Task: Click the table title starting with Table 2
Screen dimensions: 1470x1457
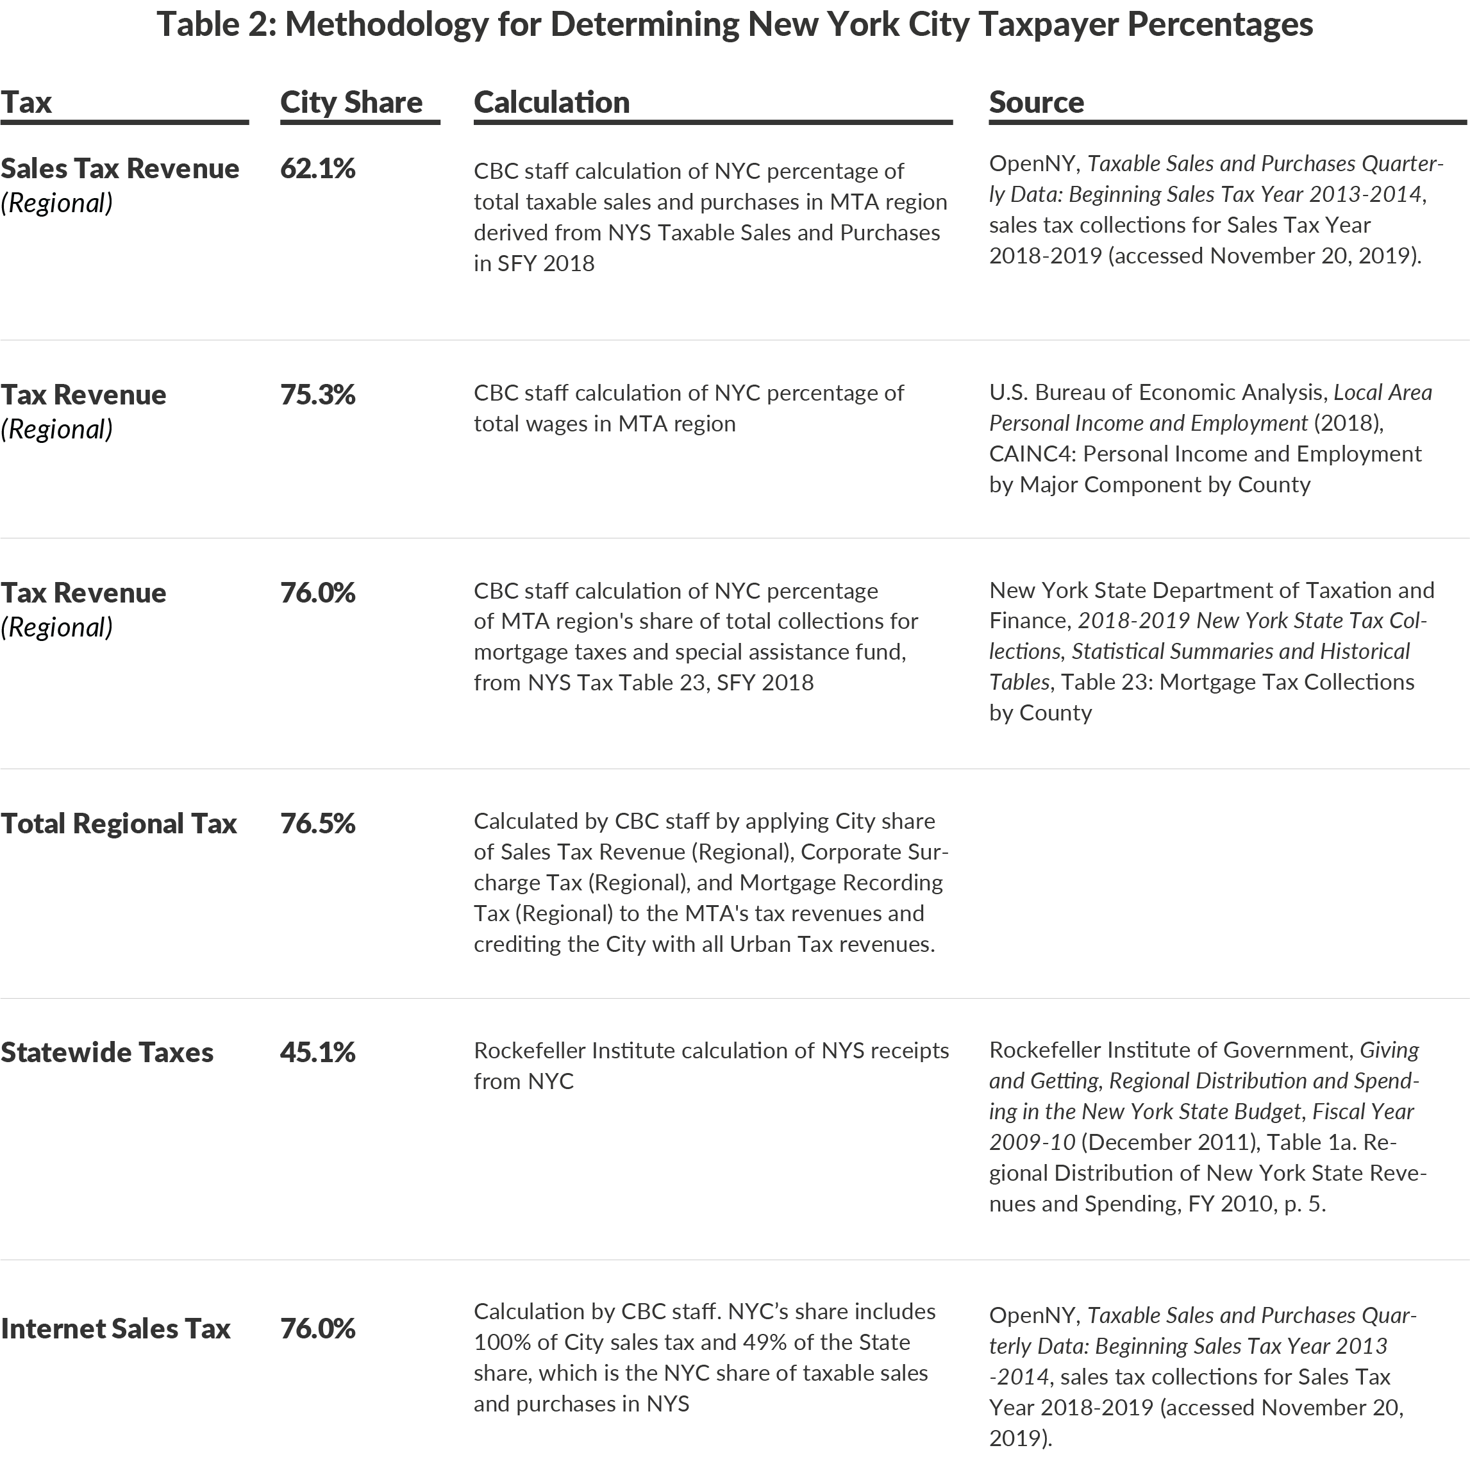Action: tap(734, 24)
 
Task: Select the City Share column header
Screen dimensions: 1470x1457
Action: tap(351, 102)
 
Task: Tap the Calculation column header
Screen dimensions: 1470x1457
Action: tap(551, 102)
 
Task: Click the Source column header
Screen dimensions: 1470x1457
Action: tap(1036, 102)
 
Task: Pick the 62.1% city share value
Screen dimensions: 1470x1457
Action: tap(317, 168)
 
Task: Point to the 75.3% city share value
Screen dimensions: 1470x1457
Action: tap(317, 394)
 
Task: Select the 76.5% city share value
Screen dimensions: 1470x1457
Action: tap(317, 823)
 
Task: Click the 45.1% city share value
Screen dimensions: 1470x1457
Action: tap(317, 1053)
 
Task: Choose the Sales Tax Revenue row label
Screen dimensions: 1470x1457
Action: tap(119, 168)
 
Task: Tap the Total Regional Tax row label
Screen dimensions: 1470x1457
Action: tap(118, 823)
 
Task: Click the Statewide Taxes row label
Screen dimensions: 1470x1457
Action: tap(106, 1053)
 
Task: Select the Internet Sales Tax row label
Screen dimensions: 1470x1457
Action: tap(115, 1328)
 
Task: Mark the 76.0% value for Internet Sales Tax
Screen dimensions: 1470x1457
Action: tap(317, 1328)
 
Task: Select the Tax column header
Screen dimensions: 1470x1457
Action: tap(26, 102)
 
